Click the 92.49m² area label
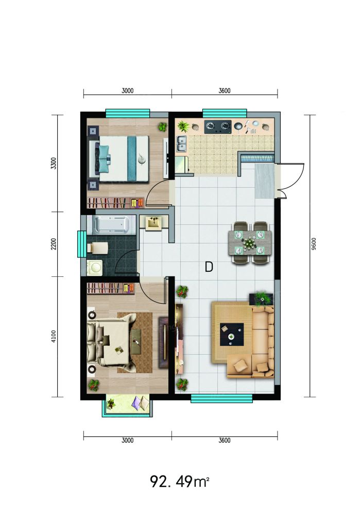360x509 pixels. coord(179,481)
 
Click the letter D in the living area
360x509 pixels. coord(209,267)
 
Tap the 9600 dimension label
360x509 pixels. coord(313,243)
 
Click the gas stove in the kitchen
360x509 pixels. coord(218,127)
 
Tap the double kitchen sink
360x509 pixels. coord(181,144)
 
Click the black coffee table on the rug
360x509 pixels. coord(232,335)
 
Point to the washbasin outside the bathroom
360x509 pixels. coord(153,223)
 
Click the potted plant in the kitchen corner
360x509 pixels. coord(183,126)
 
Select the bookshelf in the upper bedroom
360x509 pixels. coord(116,203)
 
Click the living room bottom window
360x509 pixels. coord(221,398)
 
